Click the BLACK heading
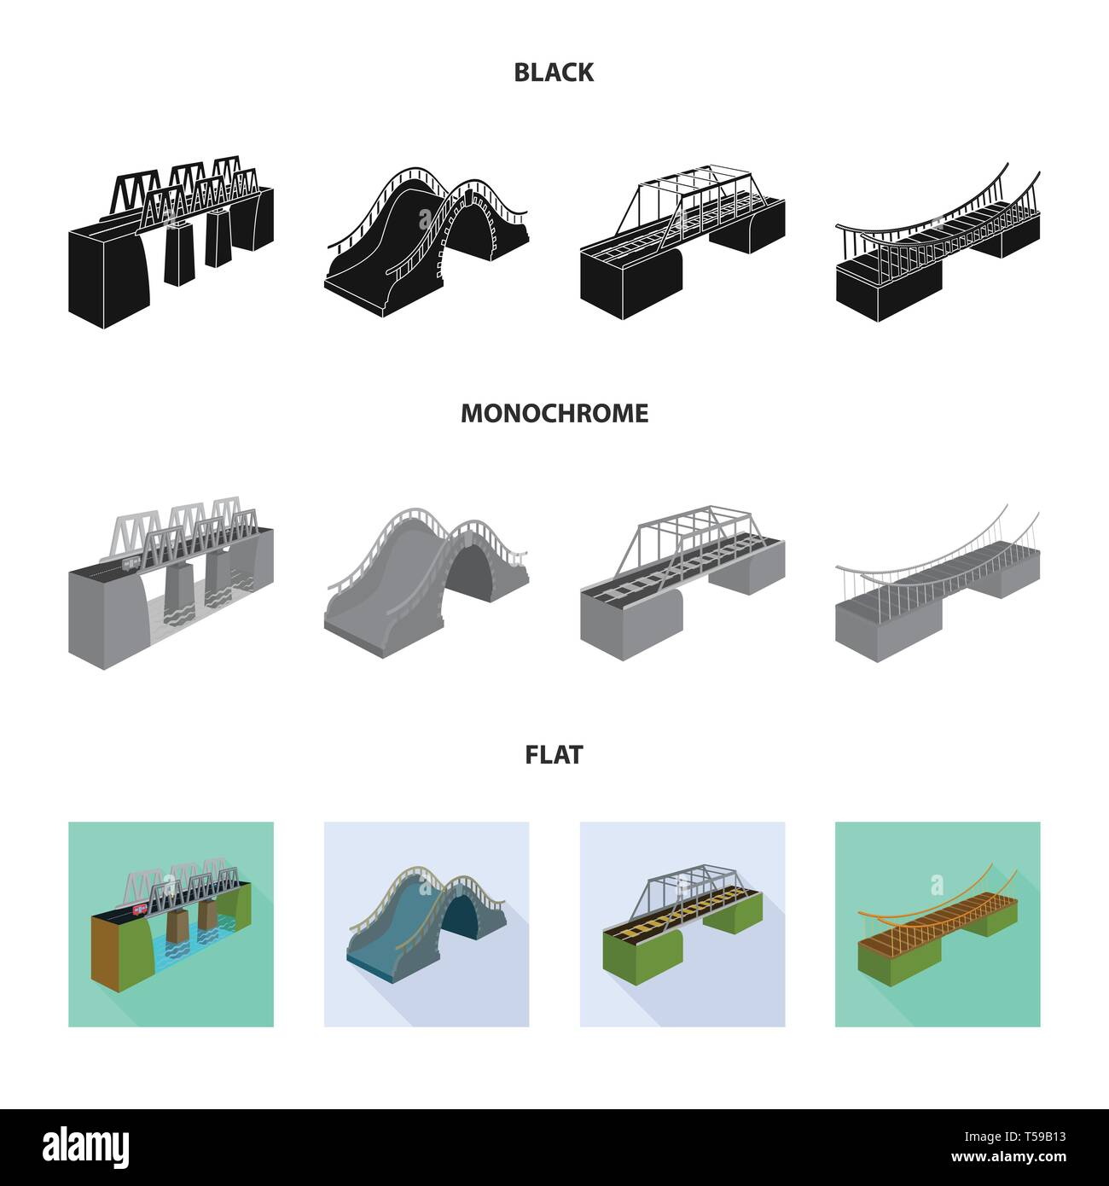[x=554, y=73]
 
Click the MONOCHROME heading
[x=554, y=414]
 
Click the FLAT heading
[x=554, y=755]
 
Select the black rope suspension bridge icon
[x=937, y=247]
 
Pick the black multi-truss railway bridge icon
[x=171, y=243]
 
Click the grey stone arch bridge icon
[x=425, y=580]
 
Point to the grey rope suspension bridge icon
[x=937, y=589]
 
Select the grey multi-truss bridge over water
[x=171, y=584]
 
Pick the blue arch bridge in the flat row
[x=418, y=930]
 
